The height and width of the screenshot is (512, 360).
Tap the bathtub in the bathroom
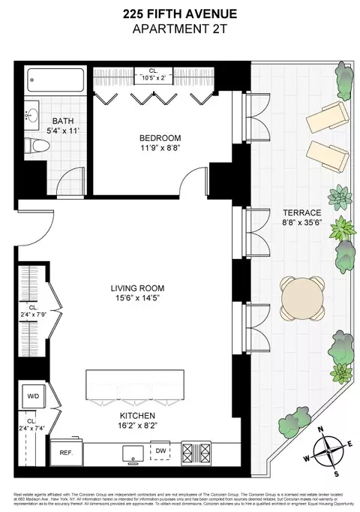55,82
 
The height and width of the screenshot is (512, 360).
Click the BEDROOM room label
160,138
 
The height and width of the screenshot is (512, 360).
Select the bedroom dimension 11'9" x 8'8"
160,149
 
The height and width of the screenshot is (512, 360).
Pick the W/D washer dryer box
34,397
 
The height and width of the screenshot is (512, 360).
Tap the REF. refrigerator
66,453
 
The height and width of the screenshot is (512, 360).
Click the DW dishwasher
160,451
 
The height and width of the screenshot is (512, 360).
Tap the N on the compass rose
321,430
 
